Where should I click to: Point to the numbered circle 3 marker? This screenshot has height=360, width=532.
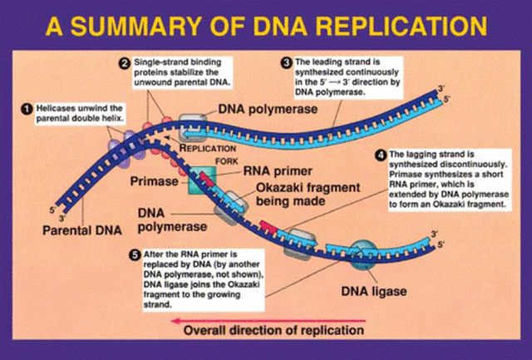tap(285, 62)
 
